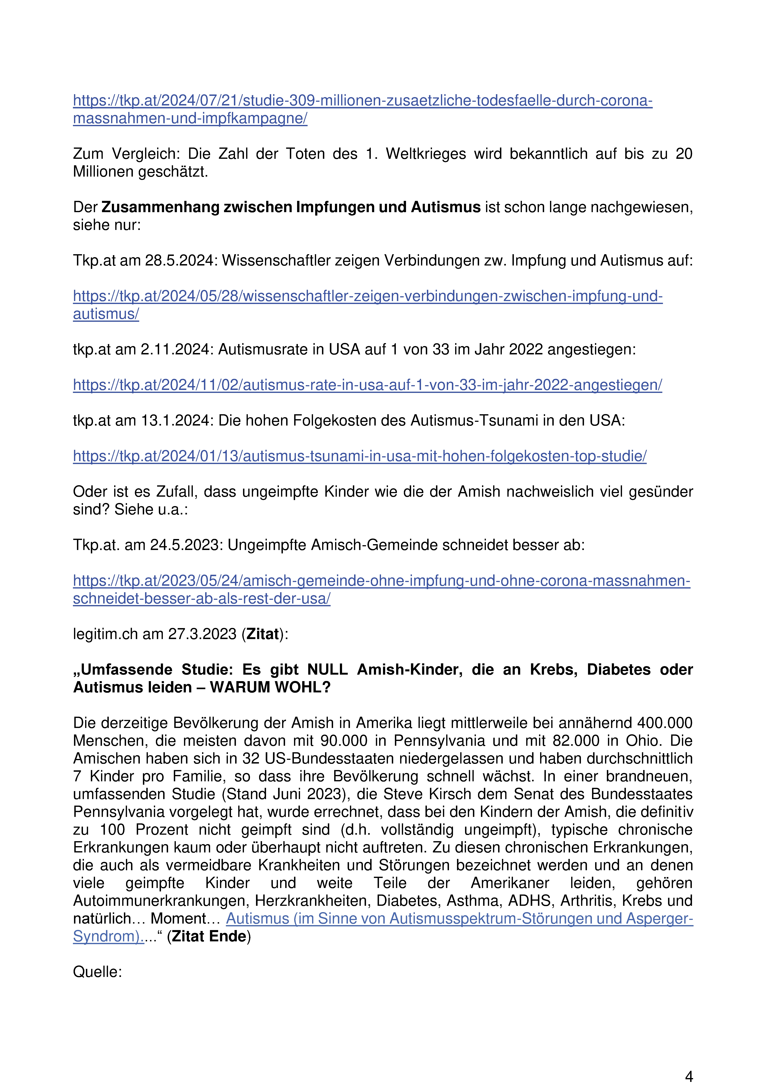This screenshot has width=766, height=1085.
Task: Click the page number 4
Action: pyautogui.click(x=689, y=1076)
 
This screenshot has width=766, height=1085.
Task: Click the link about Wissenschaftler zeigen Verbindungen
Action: pyautogui.click(x=367, y=296)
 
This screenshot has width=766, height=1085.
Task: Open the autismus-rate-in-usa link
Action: pyautogui.click(x=367, y=385)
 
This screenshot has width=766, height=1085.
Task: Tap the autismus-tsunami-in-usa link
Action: pyautogui.click(x=359, y=456)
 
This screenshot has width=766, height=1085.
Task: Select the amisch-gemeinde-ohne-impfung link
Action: pyautogui.click(x=381, y=581)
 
